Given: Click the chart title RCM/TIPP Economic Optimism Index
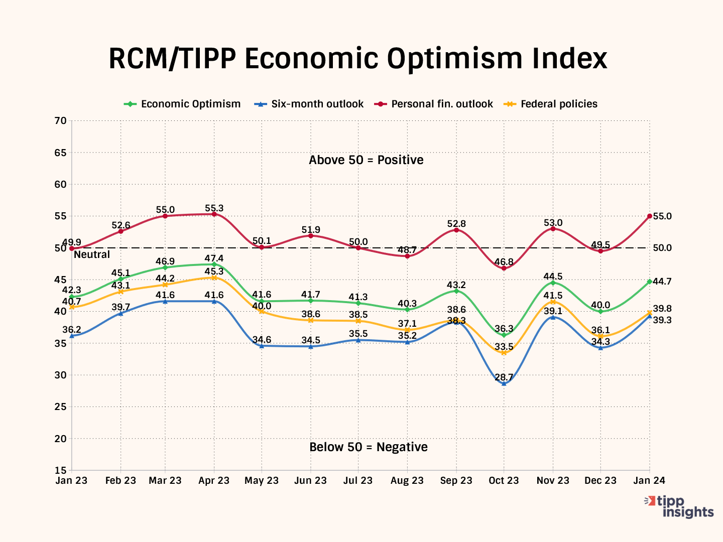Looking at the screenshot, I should point(357,59).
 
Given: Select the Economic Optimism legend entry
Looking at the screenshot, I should point(190,104).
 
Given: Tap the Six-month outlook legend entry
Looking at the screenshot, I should point(317,104).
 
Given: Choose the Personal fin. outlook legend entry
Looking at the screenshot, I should point(442,104).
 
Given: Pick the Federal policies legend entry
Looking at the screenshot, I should point(559,104).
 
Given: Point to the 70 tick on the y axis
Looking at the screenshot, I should point(60,120).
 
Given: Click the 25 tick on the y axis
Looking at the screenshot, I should point(60,407).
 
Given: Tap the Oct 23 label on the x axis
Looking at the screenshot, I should point(504,481).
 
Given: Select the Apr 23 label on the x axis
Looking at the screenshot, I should point(214,481).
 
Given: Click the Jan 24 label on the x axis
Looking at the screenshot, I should point(649,481).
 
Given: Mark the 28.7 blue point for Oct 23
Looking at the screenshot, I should point(504,383).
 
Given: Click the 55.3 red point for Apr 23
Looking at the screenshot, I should point(214,214).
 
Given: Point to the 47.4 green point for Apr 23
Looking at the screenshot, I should point(214,264).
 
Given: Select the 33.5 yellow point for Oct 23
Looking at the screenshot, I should point(504,353).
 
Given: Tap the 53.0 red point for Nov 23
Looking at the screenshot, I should point(553,229).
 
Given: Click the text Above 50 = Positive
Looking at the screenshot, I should point(366,160).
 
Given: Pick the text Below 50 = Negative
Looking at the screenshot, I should point(369,447).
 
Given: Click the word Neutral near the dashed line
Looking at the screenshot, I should point(92,254).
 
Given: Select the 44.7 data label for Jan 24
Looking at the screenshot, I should point(662,282).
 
